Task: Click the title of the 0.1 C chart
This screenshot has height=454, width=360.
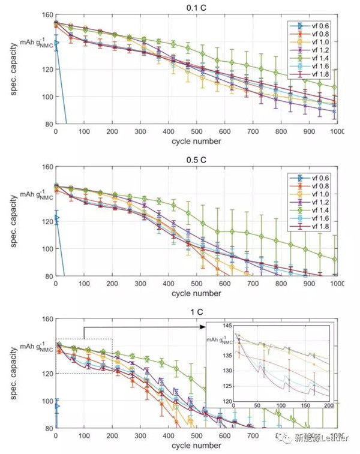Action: click(x=196, y=8)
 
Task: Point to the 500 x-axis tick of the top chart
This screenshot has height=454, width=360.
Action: click(x=196, y=131)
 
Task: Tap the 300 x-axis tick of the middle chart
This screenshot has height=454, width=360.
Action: click(x=140, y=284)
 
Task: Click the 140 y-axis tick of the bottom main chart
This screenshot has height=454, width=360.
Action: click(x=47, y=346)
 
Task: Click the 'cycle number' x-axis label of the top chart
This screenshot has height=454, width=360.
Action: click(x=196, y=142)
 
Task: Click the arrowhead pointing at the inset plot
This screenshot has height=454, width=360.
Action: click(x=202, y=328)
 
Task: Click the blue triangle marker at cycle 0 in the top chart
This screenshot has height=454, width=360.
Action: click(x=56, y=43)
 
